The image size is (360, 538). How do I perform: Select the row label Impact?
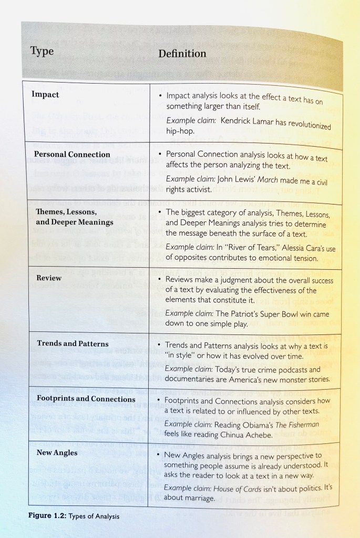pyautogui.click(x=45, y=95)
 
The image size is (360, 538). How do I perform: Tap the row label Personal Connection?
pyautogui.click(x=72, y=154)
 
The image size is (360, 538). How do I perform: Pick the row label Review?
pyautogui.click(x=49, y=277)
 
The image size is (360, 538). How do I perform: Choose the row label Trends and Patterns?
pyautogui.click(x=73, y=343)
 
